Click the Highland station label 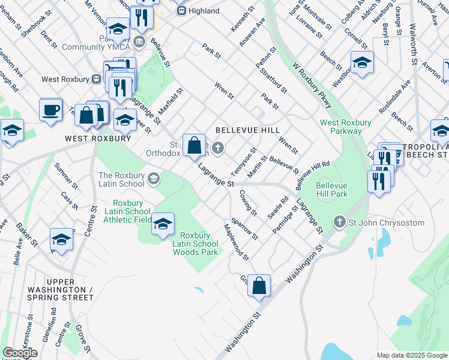[x=203, y=11]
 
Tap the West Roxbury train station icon [x=95, y=79]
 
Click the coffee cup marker [x=50, y=110]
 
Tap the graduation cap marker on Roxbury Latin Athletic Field [x=163, y=224]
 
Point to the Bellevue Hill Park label [x=332, y=190]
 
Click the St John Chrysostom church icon [x=340, y=223]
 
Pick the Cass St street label [x=70, y=201]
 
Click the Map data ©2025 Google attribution [x=411, y=355]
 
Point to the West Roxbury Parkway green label [x=345, y=127]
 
